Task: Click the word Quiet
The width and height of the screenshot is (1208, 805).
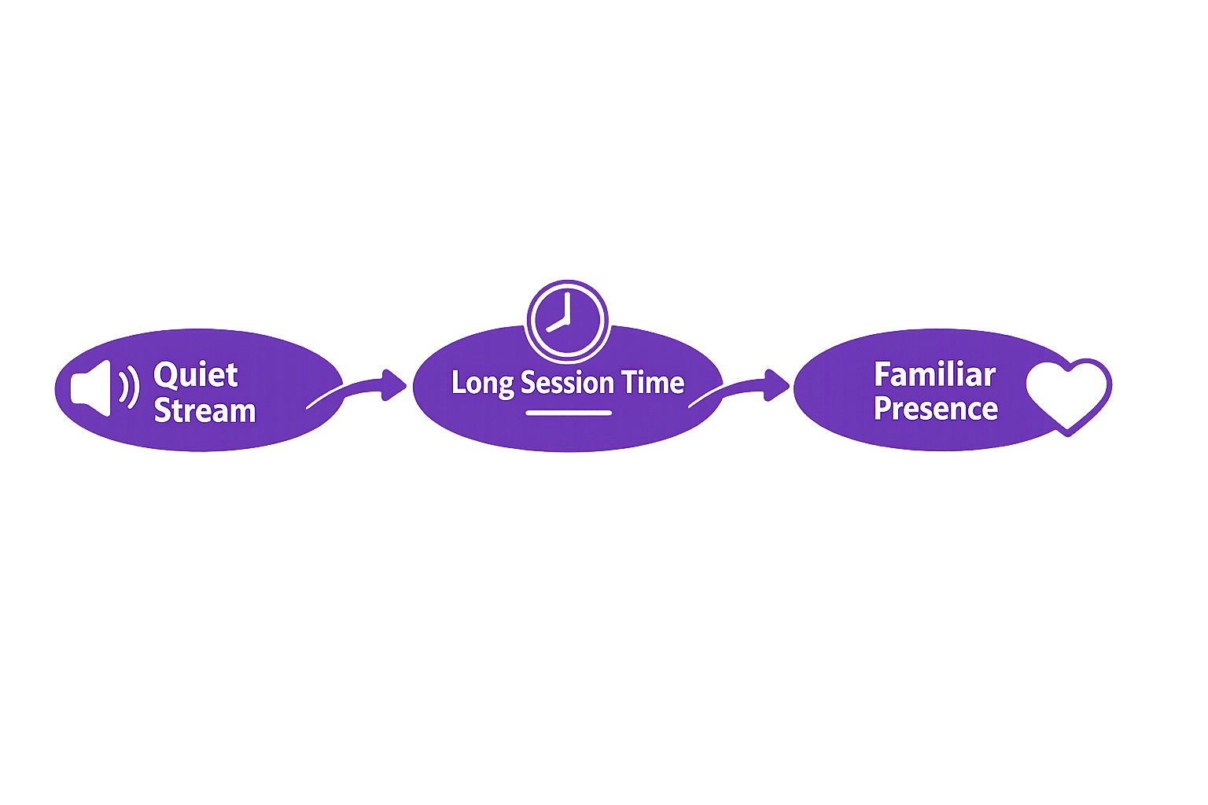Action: (196, 375)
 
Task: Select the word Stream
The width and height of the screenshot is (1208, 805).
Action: (204, 411)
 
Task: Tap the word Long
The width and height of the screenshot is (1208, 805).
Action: (482, 384)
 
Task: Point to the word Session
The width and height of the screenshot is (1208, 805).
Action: (567, 383)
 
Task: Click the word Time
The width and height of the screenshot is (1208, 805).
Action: (653, 383)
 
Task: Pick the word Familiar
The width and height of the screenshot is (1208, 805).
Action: (934, 375)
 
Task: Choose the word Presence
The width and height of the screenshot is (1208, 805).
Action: (936, 409)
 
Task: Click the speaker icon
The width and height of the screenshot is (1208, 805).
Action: (91, 388)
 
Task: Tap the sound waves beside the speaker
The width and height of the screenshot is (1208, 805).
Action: (129, 387)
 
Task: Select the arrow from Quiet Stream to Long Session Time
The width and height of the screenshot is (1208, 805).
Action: (358, 388)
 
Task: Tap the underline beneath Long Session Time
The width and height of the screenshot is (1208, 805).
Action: (569, 413)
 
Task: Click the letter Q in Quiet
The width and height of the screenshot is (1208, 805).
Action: (167, 375)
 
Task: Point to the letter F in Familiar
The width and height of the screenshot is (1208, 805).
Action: (882, 375)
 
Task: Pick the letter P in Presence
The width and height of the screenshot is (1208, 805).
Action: (882, 409)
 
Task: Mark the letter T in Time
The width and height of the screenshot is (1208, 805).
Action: (629, 383)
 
